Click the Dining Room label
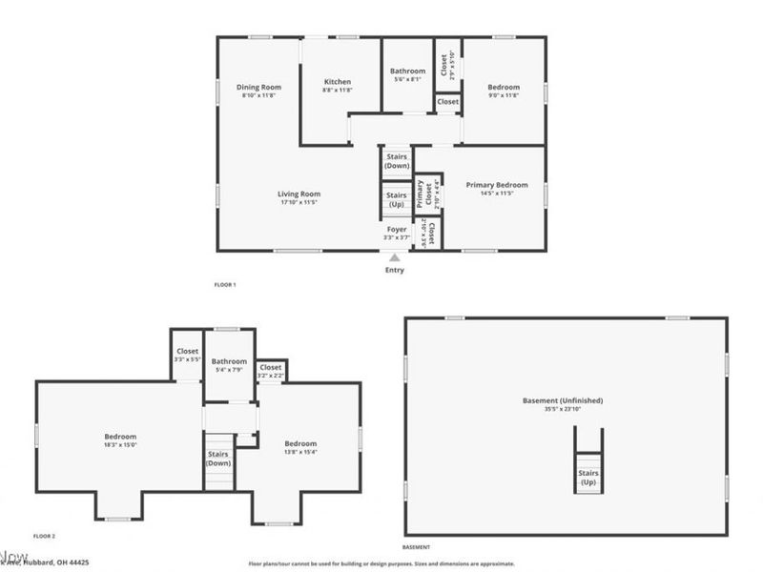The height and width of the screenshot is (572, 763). pos(259,88)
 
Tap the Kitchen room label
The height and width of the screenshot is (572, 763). pos(338,82)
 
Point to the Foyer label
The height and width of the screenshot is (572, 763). pos(397,230)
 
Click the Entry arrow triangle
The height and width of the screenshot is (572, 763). pos(394,257)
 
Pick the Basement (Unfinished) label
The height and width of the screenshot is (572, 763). pos(563,400)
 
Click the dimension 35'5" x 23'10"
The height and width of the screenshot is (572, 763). pos(563,410)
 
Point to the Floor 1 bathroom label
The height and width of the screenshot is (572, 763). pos(407,71)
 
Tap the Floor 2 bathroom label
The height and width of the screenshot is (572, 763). pos(230,361)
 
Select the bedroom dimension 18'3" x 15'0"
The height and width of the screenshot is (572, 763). pos(120,444)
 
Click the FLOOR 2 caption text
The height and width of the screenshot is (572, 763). pos(45,537)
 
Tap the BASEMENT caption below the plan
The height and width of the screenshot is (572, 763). pos(416,548)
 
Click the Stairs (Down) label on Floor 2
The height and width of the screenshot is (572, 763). pos(218,459)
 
